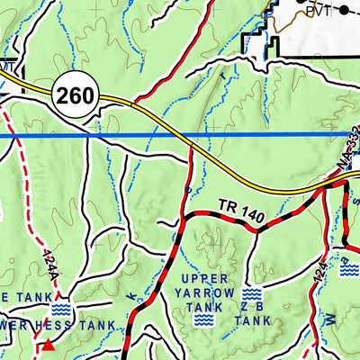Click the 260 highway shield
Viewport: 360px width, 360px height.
tap(74, 94)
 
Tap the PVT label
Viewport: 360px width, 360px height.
tap(317, 12)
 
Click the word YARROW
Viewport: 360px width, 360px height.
tap(210, 292)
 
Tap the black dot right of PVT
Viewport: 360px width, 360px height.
tap(344, 11)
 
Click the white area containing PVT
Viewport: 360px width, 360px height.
tap(315, 36)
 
